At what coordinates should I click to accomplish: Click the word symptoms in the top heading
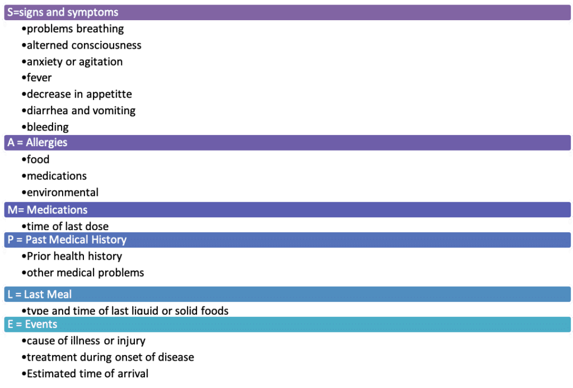pyautogui.click(x=93, y=12)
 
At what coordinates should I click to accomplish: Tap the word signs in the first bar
pyautogui.click(x=31, y=12)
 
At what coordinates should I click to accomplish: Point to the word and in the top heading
pyautogui.click(x=56, y=12)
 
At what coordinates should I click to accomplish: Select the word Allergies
pyautogui.click(x=46, y=143)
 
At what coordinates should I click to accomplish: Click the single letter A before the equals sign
pyautogui.click(x=11, y=143)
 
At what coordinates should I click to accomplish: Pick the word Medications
pyautogui.click(x=57, y=210)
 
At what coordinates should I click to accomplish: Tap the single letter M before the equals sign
pyautogui.click(x=12, y=210)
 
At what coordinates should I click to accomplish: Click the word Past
pyautogui.click(x=36, y=240)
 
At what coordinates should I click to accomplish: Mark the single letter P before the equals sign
pyautogui.click(x=10, y=240)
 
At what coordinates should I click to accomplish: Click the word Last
pyautogui.click(x=34, y=294)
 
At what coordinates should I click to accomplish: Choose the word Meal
pyautogui.click(x=59, y=294)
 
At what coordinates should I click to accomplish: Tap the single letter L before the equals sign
pyautogui.click(x=10, y=294)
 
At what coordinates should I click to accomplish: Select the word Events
pyautogui.click(x=41, y=324)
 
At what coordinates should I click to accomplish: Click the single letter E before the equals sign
pyautogui.click(x=10, y=324)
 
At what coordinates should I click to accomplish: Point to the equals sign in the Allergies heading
pyautogui.click(x=20, y=143)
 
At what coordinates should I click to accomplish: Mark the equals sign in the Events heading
pyautogui.click(x=18, y=324)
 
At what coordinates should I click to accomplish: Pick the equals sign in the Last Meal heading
pyautogui.click(x=18, y=294)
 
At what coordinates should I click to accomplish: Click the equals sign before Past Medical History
pyautogui.click(x=19, y=240)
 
